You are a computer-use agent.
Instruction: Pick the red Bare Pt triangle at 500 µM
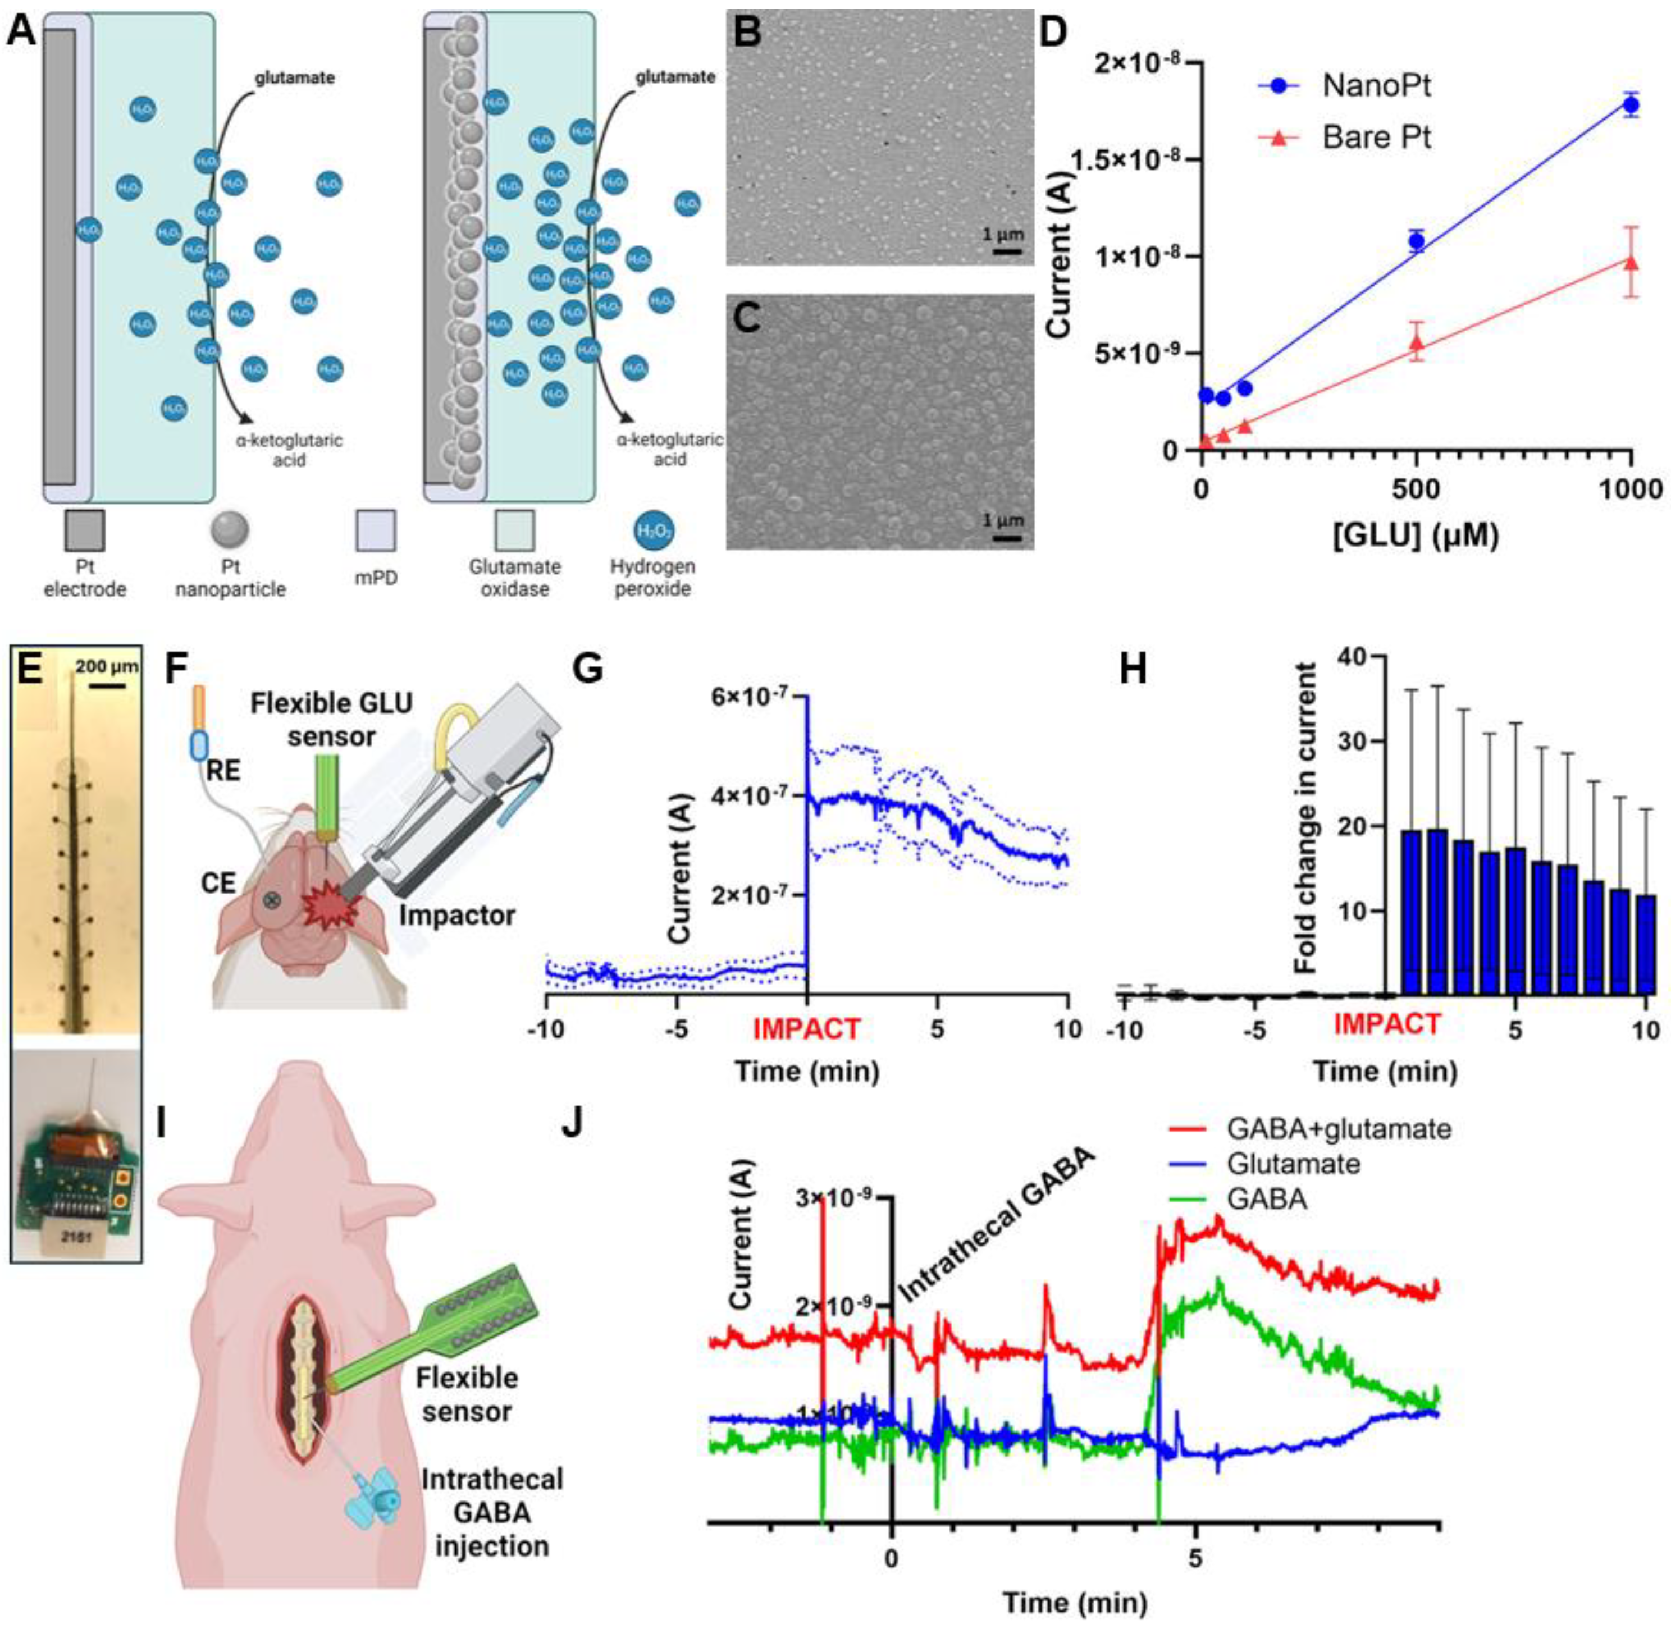coord(1417,342)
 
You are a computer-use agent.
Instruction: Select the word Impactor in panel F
coord(457,916)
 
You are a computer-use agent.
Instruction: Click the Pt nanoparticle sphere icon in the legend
coord(229,529)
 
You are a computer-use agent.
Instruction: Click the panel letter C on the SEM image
coord(746,319)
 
